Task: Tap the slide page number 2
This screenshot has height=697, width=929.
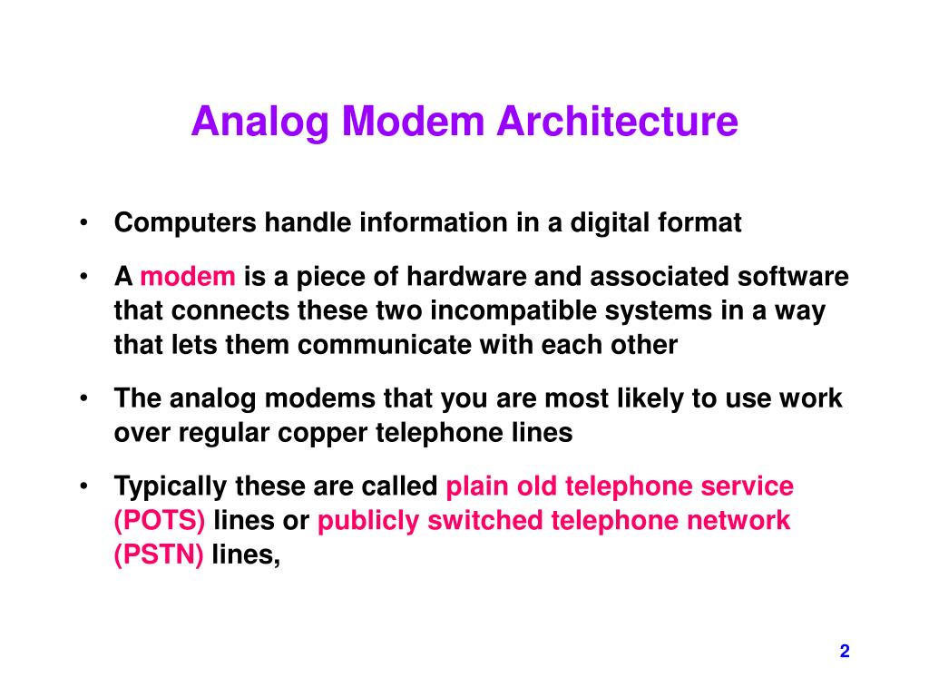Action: point(845,651)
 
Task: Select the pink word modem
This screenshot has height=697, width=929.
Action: point(189,277)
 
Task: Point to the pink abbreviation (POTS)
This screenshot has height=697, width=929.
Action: point(160,521)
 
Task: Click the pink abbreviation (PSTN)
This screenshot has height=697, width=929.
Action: point(159,555)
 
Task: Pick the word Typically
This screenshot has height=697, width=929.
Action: point(171,486)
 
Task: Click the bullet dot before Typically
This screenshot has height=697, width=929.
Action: point(83,486)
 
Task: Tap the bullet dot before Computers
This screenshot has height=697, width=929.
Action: point(83,223)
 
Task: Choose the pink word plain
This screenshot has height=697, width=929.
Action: point(475,486)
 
